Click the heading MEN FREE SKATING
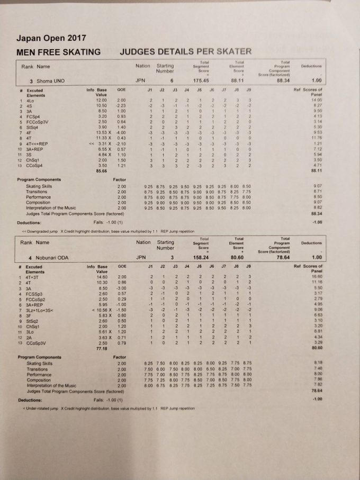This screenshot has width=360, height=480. [58, 52]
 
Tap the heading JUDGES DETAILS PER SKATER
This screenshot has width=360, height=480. [186, 51]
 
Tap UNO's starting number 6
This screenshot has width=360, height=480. [172, 81]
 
